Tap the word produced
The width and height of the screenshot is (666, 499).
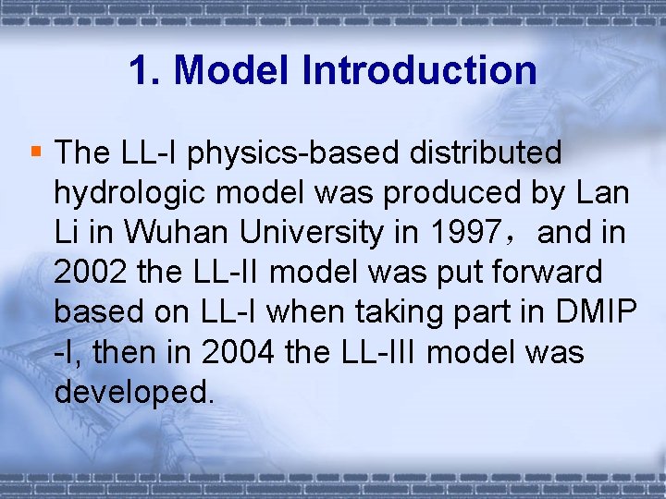pos(453,194)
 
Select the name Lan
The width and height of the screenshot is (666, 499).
pos(602,194)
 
